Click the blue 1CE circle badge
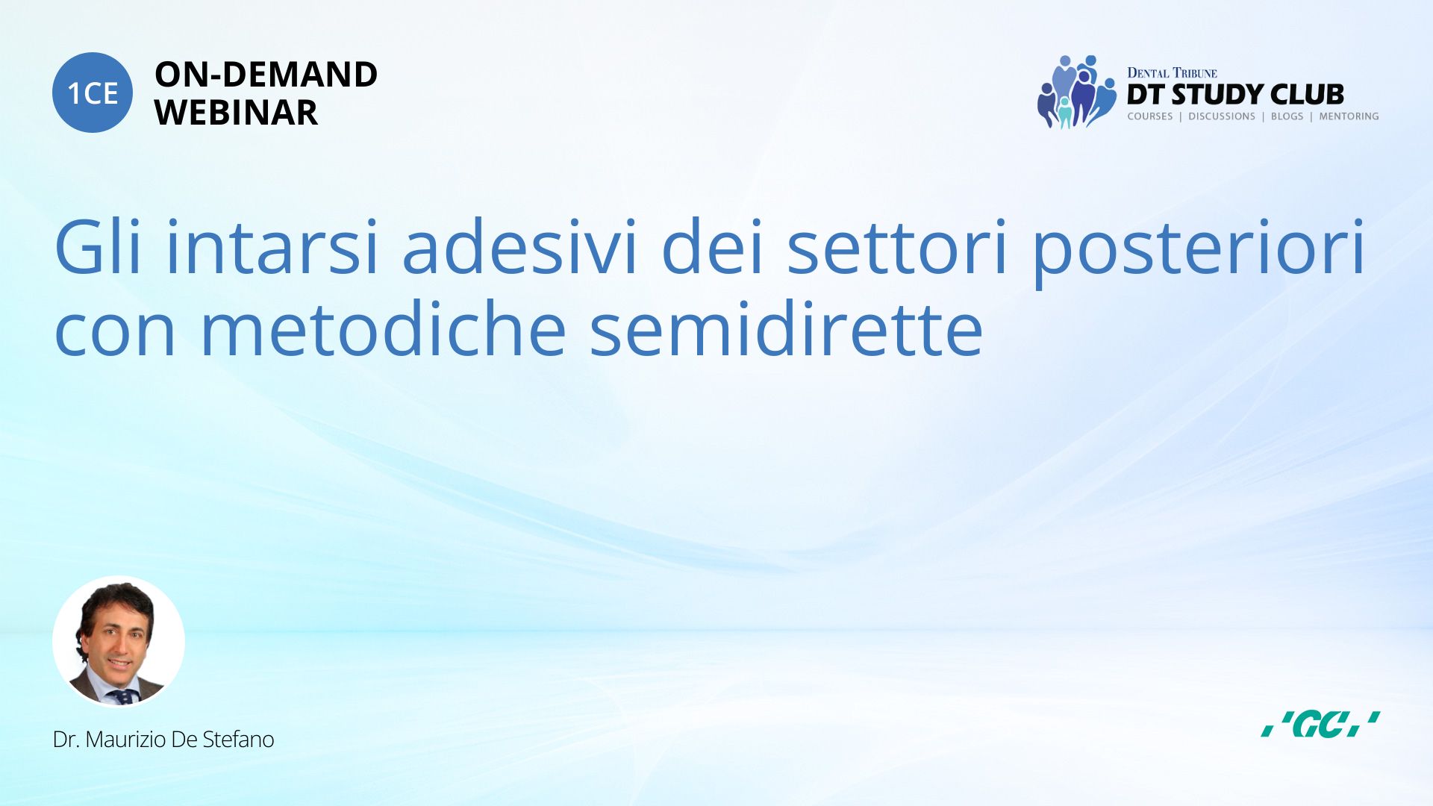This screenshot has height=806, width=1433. [x=93, y=93]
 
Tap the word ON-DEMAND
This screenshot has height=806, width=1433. [x=266, y=75]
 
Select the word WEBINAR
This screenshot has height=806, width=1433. [x=236, y=113]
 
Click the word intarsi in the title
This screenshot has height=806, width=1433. [x=272, y=247]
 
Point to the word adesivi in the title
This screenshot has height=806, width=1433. [x=519, y=247]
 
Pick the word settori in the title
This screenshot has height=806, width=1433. [x=898, y=247]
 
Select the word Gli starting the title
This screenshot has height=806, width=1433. [x=98, y=247]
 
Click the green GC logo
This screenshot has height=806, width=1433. [x=1320, y=724]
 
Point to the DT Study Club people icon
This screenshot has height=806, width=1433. [x=1075, y=92]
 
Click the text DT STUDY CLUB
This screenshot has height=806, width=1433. [x=1235, y=95]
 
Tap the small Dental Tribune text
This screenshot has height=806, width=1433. [x=1172, y=73]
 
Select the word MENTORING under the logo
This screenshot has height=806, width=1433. [x=1349, y=116]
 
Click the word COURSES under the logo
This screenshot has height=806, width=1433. [x=1149, y=116]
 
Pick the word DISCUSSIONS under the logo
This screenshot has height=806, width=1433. [x=1222, y=116]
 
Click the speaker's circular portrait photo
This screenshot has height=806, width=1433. [x=119, y=641]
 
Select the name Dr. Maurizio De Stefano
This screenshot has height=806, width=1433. [x=163, y=740]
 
